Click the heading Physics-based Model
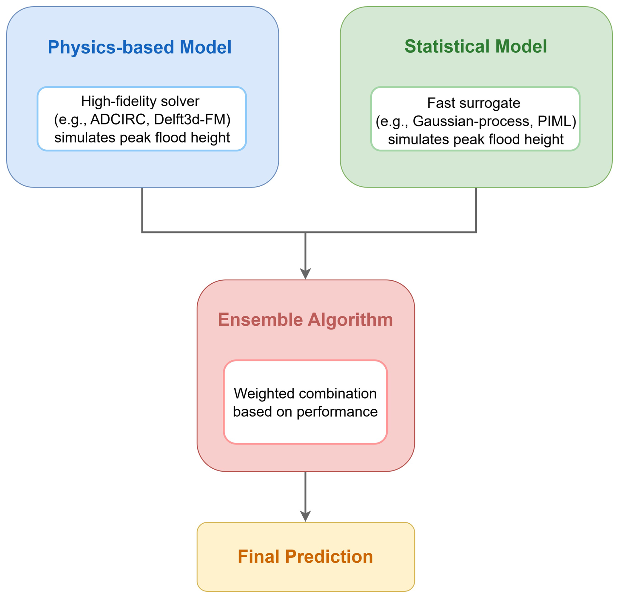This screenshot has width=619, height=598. point(139,47)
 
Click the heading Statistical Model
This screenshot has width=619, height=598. point(476,46)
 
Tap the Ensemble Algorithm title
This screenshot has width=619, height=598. point(305,319)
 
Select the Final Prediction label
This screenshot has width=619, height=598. point(305,556)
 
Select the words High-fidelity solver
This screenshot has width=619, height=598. point(140,102)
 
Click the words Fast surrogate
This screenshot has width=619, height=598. point(473,103)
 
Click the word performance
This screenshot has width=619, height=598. point(337,412)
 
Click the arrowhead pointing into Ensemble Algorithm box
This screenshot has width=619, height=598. point(305,273)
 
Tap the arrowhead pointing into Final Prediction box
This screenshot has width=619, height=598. point(305,516)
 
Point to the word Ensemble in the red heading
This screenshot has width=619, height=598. point(260,319)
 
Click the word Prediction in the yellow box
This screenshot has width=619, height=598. point(329,556)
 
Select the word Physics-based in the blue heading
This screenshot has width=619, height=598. point(111,47)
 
